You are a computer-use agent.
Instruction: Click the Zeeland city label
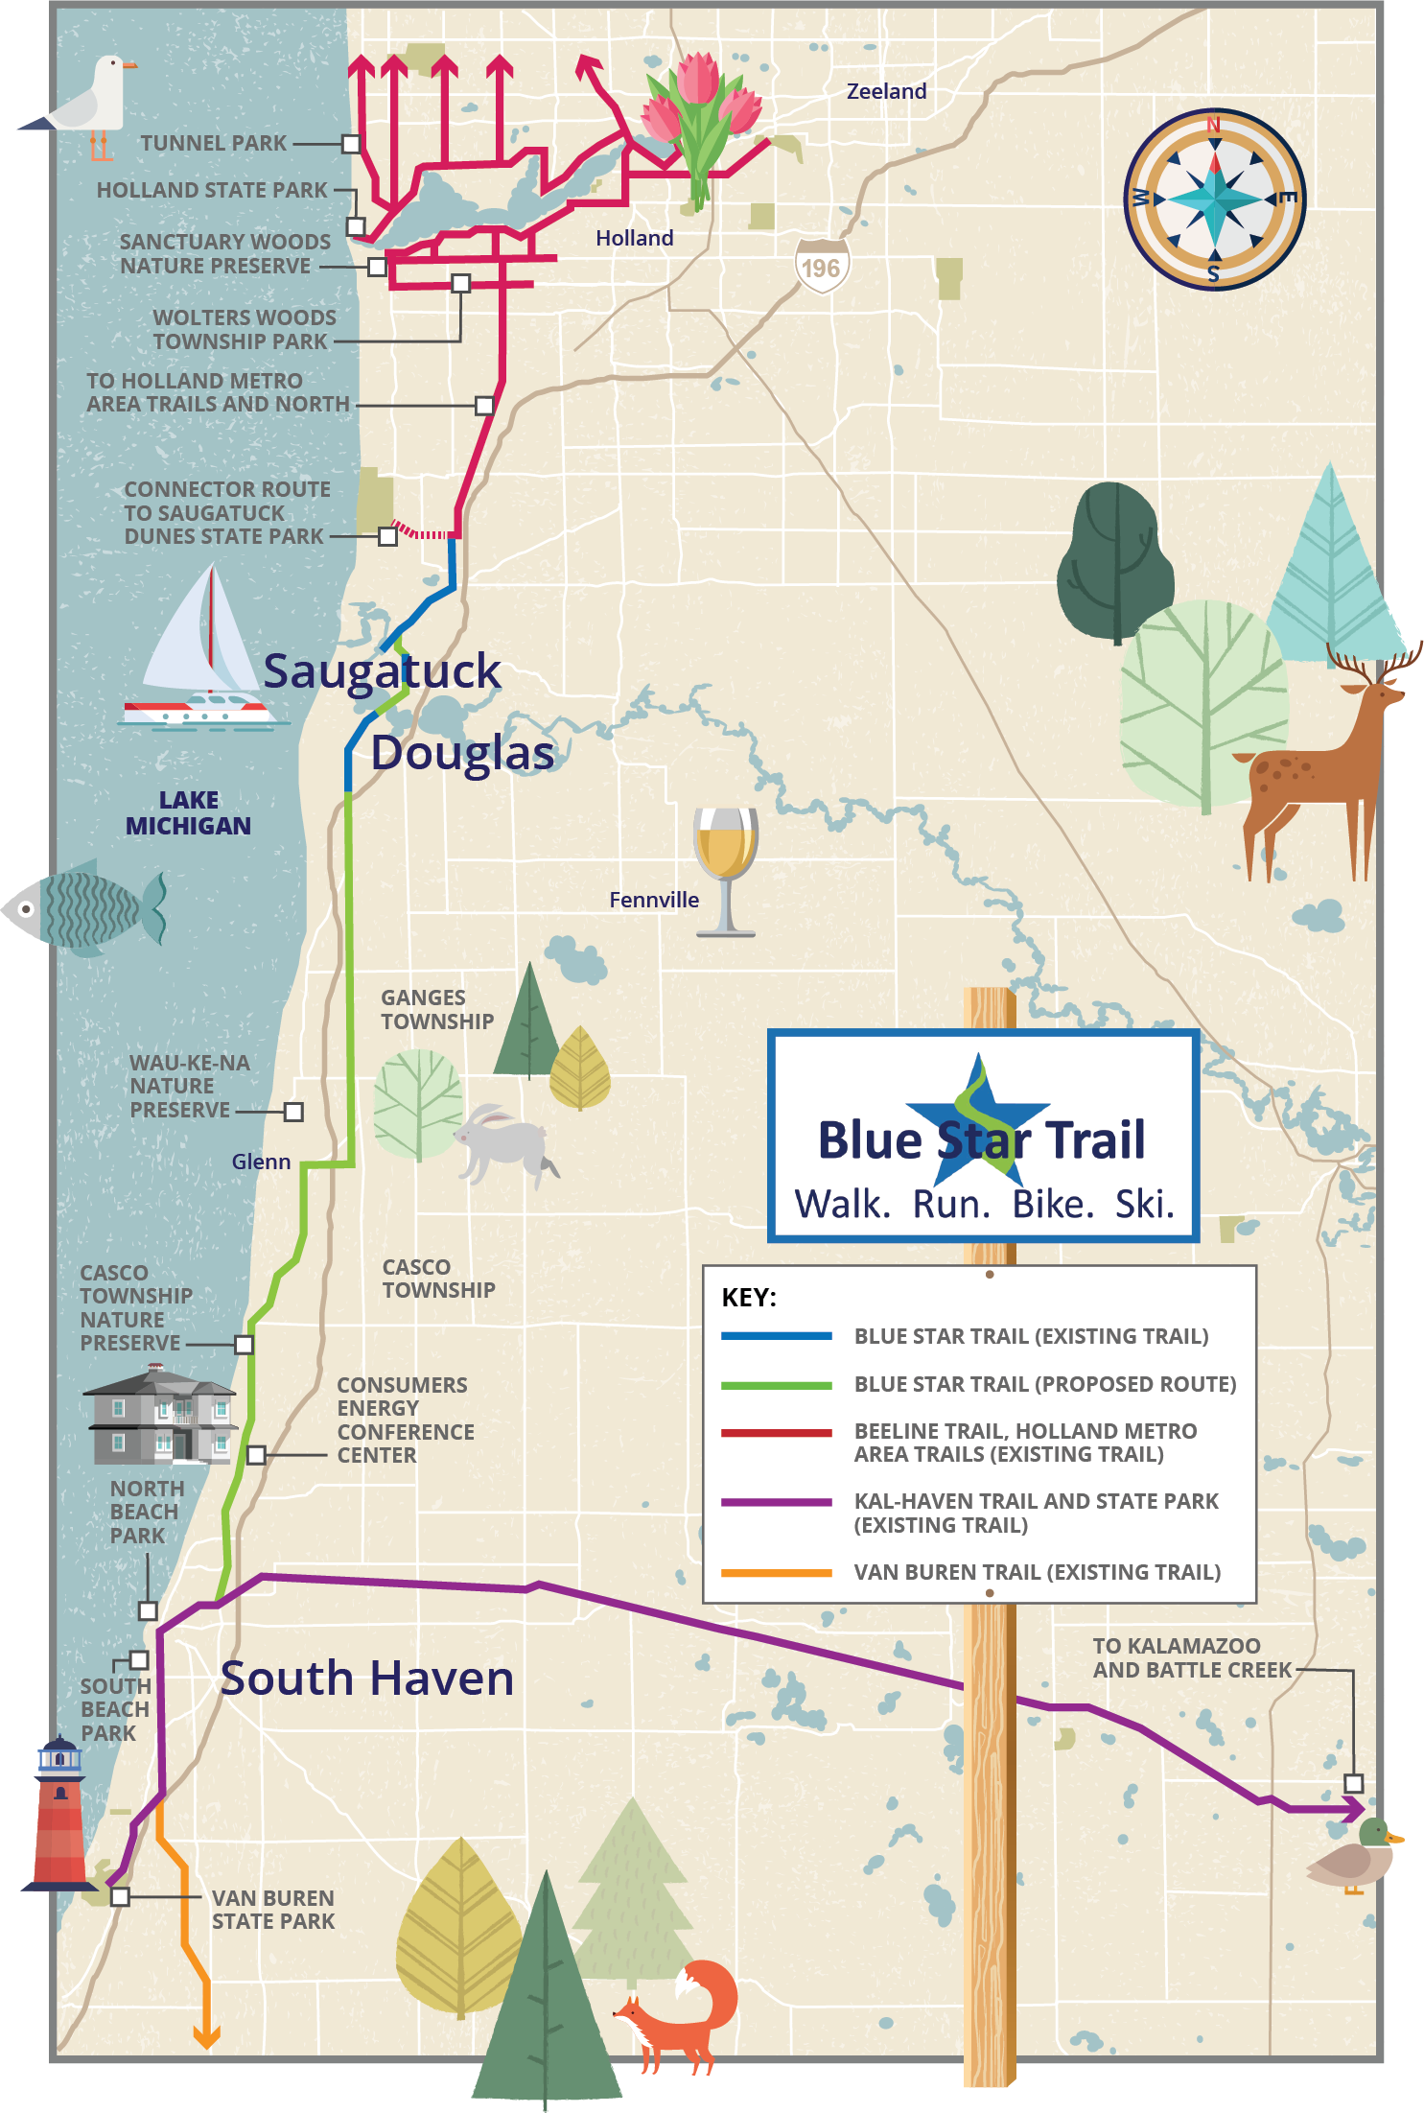coord(886,91)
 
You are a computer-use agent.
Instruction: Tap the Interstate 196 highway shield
coord(822,267)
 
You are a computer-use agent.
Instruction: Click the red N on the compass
coord(1213,125)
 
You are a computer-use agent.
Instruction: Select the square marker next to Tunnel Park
coord(351,144)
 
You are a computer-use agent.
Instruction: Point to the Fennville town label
coord(654,900)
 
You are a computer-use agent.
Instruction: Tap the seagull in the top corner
coord(91,101)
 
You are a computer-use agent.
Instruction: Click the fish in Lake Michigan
coord(86,907)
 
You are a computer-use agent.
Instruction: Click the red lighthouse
coord(60,1813)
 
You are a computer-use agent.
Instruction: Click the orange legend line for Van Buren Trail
coord(776,1573)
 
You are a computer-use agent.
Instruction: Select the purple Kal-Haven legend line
coord(776,1502)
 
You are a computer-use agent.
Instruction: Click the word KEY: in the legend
coord(749,1298)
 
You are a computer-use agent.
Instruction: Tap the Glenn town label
coord(261,1162)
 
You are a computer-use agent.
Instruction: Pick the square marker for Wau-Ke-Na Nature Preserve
coord(293,1112)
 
